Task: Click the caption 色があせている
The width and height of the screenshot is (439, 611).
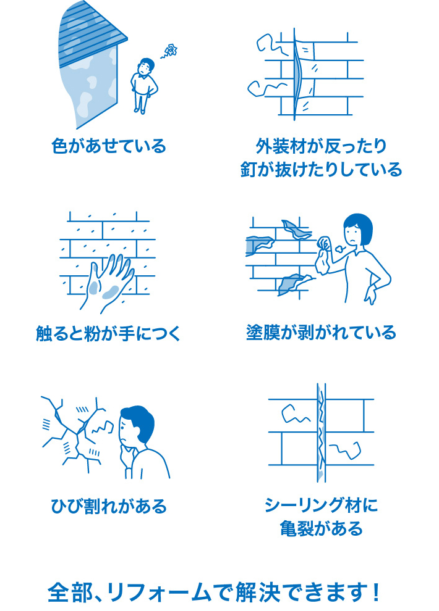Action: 109,147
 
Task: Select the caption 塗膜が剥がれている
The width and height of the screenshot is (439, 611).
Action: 320,333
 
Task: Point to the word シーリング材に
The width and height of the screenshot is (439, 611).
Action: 320,507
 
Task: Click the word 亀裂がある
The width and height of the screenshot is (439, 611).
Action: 320,529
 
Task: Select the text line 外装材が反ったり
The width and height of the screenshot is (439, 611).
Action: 320,146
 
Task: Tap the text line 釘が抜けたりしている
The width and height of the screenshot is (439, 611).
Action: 320,169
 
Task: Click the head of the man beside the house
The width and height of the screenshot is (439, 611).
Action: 146,65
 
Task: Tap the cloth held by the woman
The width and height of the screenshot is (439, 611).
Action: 322,256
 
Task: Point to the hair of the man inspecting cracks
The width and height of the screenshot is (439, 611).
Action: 141,420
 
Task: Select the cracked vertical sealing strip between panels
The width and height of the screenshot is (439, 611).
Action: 321,432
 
